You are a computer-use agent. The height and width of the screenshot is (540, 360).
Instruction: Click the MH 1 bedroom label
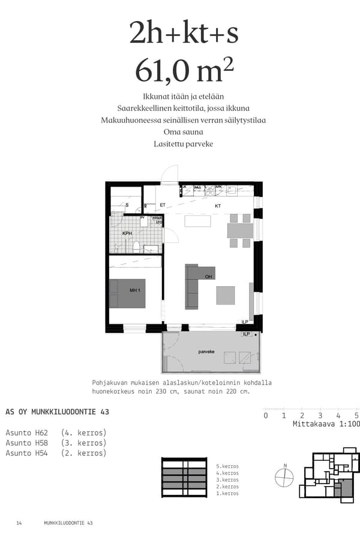click(134, 290)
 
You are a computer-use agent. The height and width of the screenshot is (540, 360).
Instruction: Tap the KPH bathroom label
click(127, 233)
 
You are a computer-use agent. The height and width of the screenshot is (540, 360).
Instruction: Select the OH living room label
click(209, 277)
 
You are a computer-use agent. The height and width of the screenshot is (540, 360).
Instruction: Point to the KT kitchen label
click(218, 205)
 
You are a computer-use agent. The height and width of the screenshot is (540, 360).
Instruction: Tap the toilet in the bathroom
click(137, 246)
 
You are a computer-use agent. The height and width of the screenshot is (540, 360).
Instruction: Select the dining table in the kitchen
click(239, 230)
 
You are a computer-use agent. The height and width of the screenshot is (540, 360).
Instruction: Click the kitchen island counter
click(197, 221)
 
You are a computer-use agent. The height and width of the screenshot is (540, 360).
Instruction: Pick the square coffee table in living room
click(226, 295)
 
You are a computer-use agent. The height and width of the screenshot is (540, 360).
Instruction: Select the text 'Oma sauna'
click(183, 131)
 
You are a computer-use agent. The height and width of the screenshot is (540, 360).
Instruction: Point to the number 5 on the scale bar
click(356, 415)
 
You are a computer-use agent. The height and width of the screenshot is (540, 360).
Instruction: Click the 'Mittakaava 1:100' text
click(326, 424)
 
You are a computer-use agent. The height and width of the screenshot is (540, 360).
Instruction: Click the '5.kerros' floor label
click(227, 466)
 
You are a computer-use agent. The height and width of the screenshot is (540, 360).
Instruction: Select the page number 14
click(19, 523)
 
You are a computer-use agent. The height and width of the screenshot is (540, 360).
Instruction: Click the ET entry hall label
click(163, 205)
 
